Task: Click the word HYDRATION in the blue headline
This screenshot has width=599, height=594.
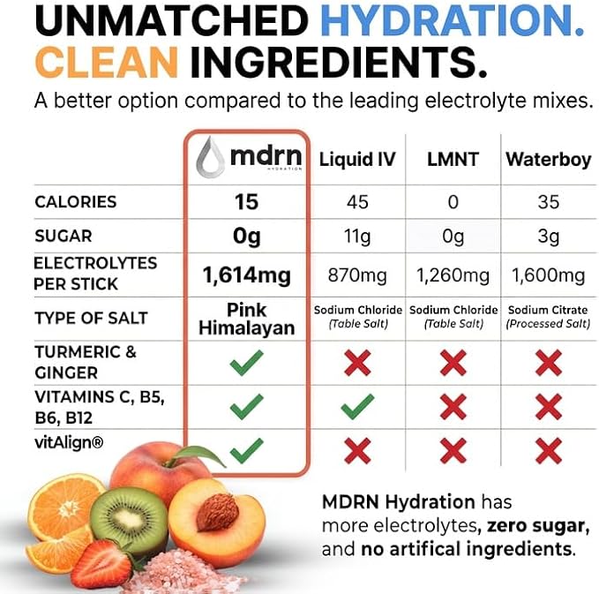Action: click(x=453, y=21)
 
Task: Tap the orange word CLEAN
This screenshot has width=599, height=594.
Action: click(x=107, y=63)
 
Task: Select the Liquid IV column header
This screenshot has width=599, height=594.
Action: click(x=357, y=159)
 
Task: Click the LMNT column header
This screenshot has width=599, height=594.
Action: click(x=453, y=159)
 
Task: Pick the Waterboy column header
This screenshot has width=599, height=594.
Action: click(x=549, y=160)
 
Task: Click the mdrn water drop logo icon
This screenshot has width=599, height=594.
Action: click(x=209, y=157)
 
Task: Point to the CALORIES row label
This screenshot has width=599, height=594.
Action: click(x=76, y=202)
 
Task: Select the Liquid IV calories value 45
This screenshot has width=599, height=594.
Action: click(x=357, y=202)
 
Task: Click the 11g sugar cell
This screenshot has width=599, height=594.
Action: click(x=357, y=237)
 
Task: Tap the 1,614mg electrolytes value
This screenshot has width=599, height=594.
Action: click(x=247, y=275)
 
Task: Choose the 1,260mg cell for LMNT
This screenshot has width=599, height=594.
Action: click(x=453, y=275)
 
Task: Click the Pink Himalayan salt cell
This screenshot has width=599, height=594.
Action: click(x=247, y=320)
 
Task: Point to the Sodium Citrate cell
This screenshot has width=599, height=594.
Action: click(x=548, y=317)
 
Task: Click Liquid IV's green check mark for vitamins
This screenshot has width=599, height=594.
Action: click(x=357, y=406)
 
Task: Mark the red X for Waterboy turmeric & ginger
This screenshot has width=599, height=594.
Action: click(x=549, y=363)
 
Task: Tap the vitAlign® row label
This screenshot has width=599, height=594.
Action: click(x=69, y=443)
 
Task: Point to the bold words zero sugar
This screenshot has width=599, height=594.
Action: click(x=536, y=526)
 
